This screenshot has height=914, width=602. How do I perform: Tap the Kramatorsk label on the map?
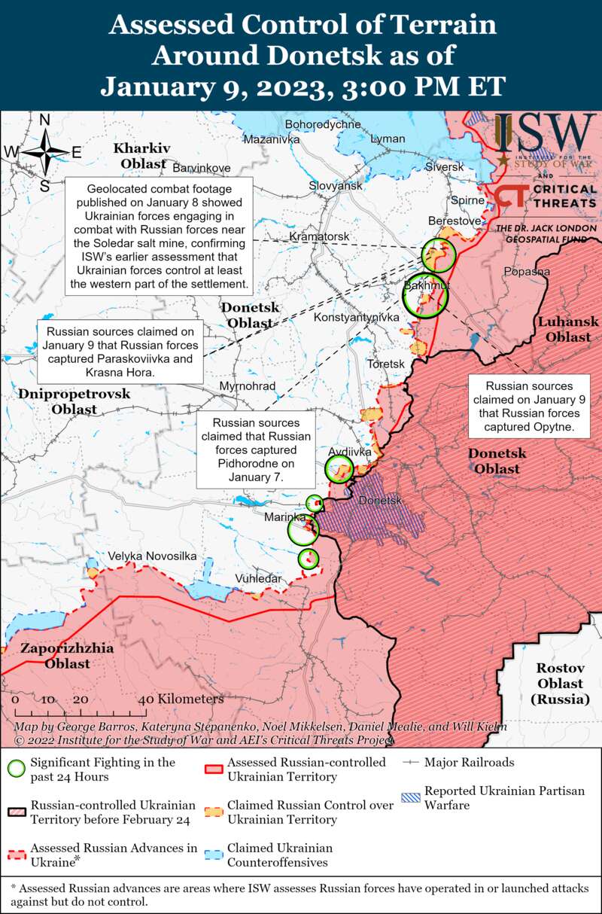tap(319, 236)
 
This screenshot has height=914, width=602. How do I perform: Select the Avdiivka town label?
tap(348, 452)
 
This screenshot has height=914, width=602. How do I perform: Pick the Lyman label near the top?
tap(388, 139)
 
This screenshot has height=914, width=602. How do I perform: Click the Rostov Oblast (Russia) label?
tap(560, 684)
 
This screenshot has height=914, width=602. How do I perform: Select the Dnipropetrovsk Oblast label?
tap(74, 401)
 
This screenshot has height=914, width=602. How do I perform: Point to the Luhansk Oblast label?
tap(568, 329)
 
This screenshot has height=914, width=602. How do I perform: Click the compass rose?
tap(44, 153)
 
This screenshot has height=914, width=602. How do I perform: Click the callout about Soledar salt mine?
tap(159, 236)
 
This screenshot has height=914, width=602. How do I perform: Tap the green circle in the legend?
tap(17, 769)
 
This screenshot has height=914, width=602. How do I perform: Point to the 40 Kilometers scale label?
tap(181, 699)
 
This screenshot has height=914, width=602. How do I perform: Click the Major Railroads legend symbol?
tap(410, 762)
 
